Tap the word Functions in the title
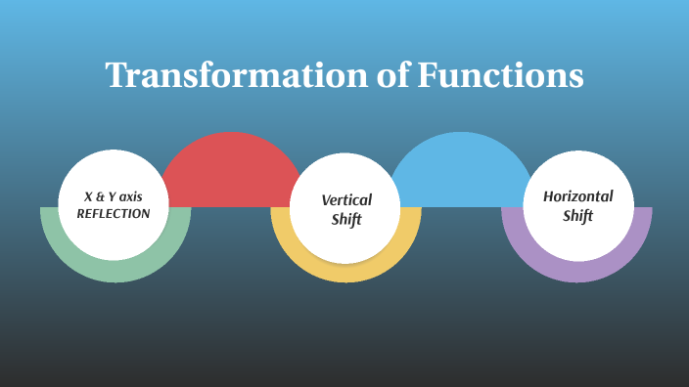(501, 76)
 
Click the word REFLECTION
(114, 213)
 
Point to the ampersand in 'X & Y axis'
(99, 196)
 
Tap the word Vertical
(346, 199)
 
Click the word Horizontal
(577, 196)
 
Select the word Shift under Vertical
(346, 219)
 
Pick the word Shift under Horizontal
(577, 215)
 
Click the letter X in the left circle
(88, 196)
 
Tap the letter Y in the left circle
(112, 196)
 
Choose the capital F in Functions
(429, 76)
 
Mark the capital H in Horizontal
(549, 196)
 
